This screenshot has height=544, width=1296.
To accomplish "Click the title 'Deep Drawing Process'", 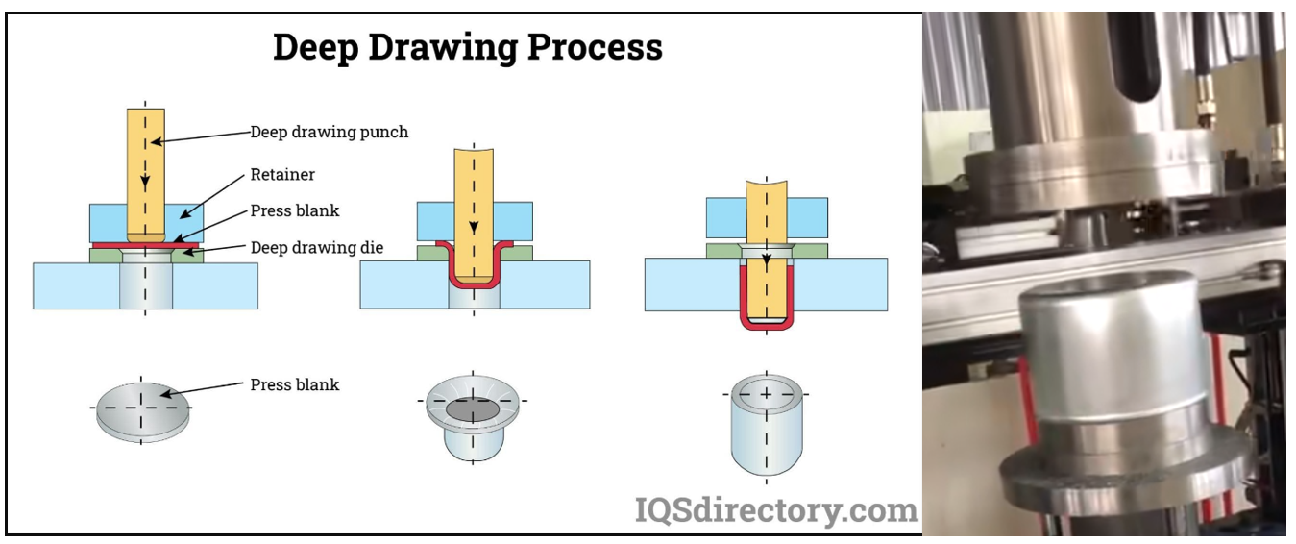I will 467,46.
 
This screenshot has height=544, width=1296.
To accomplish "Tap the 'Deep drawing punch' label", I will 330,132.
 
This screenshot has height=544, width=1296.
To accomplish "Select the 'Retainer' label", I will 282,175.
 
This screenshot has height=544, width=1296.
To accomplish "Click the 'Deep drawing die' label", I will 317,248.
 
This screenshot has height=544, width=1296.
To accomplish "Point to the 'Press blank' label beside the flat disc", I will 295,384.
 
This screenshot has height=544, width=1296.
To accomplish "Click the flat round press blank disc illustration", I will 143,410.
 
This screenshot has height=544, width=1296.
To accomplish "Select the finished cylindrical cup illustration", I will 766,423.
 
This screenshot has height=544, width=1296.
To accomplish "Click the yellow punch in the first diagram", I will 145,173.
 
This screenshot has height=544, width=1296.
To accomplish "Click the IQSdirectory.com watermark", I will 776,509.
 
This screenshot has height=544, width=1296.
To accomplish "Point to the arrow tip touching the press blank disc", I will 164,393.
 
